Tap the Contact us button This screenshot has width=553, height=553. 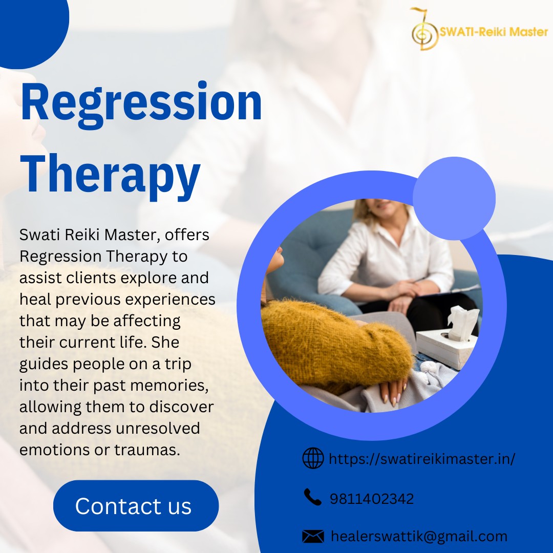click(x=136, y=505)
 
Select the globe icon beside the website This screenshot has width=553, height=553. click(x=313, y=458)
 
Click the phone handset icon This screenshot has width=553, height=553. click(x=312, y=497)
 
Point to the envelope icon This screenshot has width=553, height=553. click(x=313, y=537)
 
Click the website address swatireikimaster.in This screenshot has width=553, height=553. click(x=422, y=459)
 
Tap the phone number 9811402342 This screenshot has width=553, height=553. click(x=371, y=499)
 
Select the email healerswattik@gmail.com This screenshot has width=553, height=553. click(x=419, y=537)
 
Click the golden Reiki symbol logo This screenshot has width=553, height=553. click(x=423, y=29)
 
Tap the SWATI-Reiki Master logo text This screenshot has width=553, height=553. click(x=494, y=32)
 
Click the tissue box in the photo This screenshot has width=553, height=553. click(x=446, y=347)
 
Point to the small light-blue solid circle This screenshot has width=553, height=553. click(x=454, y=199)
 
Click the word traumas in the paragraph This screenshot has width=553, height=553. click(x=147, y=450)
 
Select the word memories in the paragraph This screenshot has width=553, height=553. click(x=169, y=385)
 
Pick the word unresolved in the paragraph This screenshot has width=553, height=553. click(x=158, y=428)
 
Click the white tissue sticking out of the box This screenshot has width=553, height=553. click(x=463, y=322)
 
